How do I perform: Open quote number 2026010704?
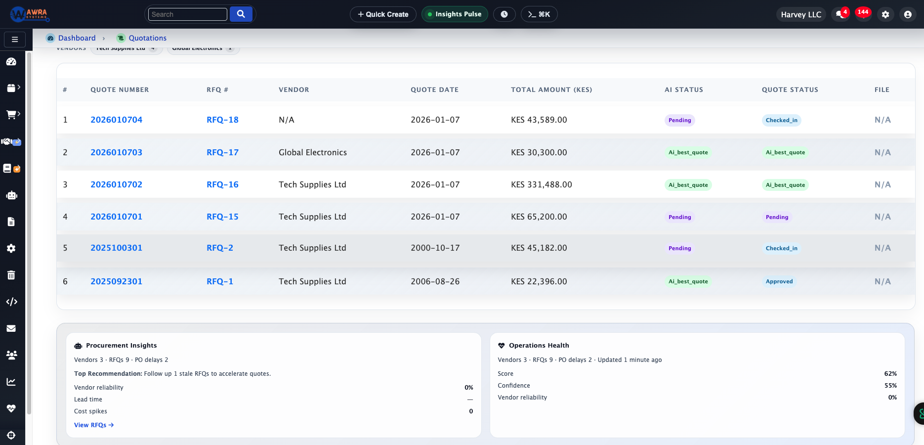(x=116, y=120)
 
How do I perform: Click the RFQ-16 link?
(x=222, y=184)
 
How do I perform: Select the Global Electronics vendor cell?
(x=312, y=152)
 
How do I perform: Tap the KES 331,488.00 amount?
(x=541, y=184)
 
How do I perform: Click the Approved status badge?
(x=779, y=281)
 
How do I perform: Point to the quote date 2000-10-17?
(x=435, y=248)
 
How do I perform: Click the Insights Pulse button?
(x=454, y=14)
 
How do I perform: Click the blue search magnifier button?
(x=241, y=14)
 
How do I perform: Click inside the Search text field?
(x=187, y=14)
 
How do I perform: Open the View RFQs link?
(x=93, y=425)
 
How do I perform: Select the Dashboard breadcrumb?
(x=77, y=38)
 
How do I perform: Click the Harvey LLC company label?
(x=800, y=14)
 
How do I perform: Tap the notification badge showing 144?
(x=863, y=12)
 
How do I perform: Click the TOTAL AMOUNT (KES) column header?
(x=551, y=89)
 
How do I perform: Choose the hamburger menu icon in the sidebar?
(x=15, y=40)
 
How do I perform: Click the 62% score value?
(x=890, y=373)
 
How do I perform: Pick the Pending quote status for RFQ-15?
(x=777, y=217)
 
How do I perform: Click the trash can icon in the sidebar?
(x=11, y=275)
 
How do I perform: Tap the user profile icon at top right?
(x=907, y=14)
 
